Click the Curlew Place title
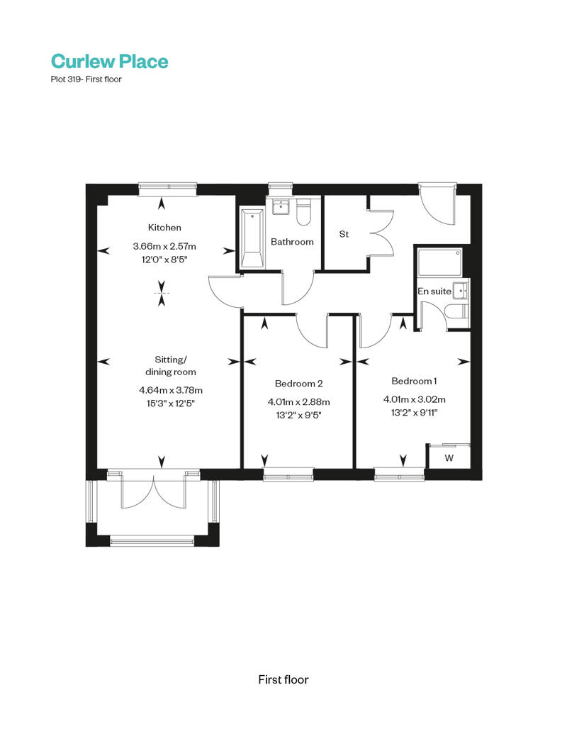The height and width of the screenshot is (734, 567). pyautogui.click(x=109, y=61)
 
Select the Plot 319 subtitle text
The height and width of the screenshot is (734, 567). pyautogui.click(x=86, y=79)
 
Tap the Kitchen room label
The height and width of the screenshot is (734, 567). pyautogui.click(x=164, y=228)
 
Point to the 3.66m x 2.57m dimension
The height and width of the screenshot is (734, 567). pyautogui.click(x=164, y=246)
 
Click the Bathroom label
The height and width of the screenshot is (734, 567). pyautogui.click(x=292, y=242)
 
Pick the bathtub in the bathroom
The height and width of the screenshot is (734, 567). pyautogui.click(x=252, y=238)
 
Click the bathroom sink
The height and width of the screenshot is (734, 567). pyautogui.click(x=280, y=206)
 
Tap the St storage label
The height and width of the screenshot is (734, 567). pyautogui.click(x=344, y=234)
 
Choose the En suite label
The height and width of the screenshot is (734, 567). pyautogui.click(x=434, y=291)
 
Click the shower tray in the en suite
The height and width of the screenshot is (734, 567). pyautogui.click(x=439, y=262)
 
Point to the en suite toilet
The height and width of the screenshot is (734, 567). pyautogui.click(x=457, y=311)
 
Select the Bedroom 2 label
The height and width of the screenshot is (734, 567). pyautogui.click(x=298, y=384)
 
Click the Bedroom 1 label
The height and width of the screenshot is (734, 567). pyautogui.click(x=414, y=381)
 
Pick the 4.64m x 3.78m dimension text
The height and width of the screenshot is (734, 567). pyautogui.click(x=171, y=390)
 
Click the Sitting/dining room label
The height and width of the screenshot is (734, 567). pyautogui.click(x=171, y=366)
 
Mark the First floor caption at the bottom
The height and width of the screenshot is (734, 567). pyautogui.click(x=283, y=679)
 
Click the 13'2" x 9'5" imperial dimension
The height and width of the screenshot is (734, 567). pyautogui.click(x=298, y=415)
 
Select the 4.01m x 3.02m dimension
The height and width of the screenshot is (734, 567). pyautogui.click(x=414, y=399)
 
